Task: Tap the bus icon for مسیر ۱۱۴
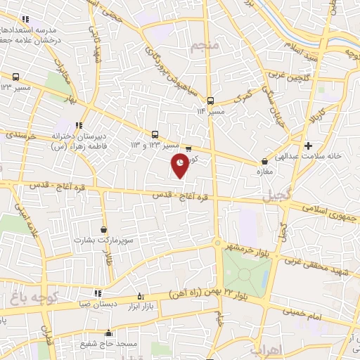(210, 101)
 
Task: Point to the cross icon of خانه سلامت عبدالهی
(309, 146)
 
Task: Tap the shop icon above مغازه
(264, 161)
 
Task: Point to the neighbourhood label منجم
(205, 46)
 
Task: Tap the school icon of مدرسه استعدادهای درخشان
(26, 19)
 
